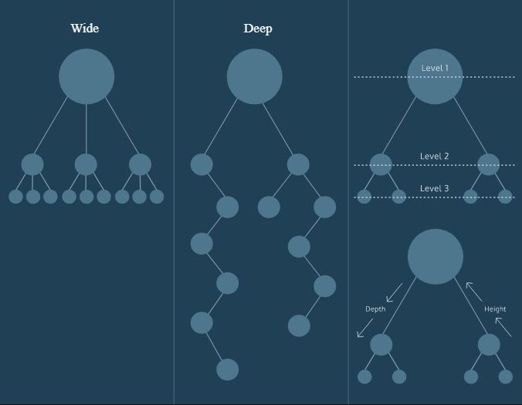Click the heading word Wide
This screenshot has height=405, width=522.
[85, 29]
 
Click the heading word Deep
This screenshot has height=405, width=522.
[257, 29]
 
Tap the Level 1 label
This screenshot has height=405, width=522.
[435, 69]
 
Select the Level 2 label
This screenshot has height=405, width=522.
[435, 157]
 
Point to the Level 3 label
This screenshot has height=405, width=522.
[435, 189]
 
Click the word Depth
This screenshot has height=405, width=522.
[375, 309]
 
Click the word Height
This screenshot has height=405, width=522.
[495, 309]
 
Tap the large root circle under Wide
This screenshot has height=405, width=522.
[86, 76]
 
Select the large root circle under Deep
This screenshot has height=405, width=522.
[255, 76]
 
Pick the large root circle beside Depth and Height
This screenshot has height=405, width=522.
[436, 257]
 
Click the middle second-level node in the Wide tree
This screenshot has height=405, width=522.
[86, 164]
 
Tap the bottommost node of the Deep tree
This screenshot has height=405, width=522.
[227, 370]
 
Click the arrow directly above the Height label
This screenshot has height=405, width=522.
[474, 290]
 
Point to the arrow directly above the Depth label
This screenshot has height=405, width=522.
[394, 292]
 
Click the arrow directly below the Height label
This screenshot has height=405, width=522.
[503, 327]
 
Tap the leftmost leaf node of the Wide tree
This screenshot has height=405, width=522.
[15, 197]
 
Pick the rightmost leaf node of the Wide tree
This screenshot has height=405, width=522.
[157, 197]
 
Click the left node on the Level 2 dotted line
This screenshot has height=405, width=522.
[381, 164]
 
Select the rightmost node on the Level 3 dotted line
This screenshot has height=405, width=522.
[505, 196]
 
